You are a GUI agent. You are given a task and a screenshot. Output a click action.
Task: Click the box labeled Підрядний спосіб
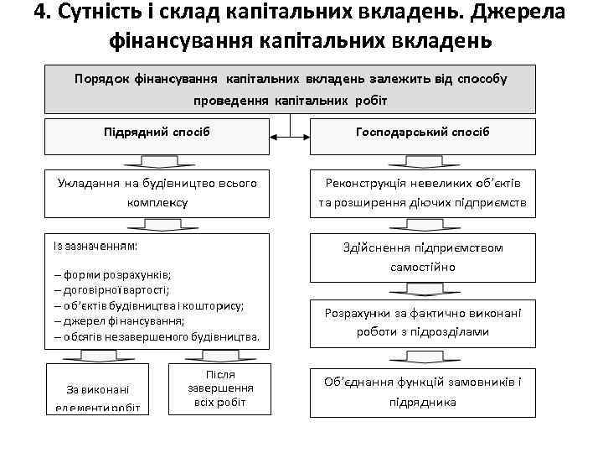coord(157,134)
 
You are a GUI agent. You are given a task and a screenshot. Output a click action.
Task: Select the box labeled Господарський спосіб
coord(422,134)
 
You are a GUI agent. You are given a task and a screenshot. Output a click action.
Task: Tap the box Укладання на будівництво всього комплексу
coord(157,193)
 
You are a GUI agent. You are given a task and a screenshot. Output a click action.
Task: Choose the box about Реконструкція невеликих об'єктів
coord(422,193)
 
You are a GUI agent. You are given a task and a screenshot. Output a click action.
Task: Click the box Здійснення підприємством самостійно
coord(422,258)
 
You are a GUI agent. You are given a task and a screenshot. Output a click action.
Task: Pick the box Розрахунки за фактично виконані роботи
coord(422,322)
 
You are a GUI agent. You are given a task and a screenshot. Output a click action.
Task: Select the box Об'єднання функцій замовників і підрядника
coord(422,391)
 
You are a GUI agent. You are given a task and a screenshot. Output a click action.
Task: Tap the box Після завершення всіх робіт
coord(219,388)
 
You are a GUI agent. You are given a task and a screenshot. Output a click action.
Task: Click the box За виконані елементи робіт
coord(96,397)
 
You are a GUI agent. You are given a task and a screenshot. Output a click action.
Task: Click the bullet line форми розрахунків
coord(112,274)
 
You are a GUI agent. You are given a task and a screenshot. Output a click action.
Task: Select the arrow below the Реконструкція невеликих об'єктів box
coord(422,224)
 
